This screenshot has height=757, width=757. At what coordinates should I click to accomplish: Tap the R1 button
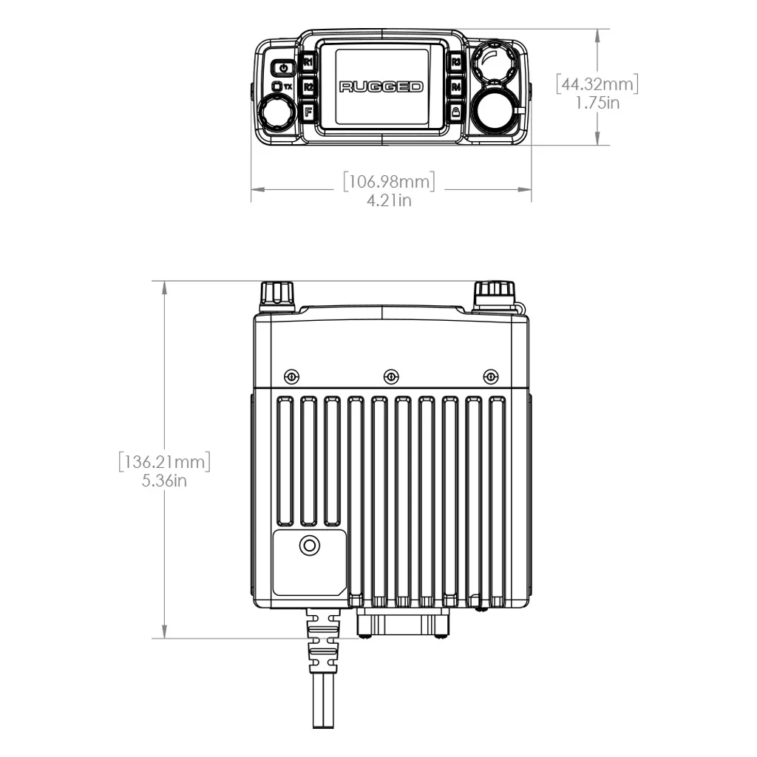[x=308, y=62]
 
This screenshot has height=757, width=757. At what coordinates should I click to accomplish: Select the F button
[x=308, y=112]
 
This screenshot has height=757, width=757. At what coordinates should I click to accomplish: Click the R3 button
[x=456, y=62]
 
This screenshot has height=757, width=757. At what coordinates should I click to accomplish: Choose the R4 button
[x=456, y=87]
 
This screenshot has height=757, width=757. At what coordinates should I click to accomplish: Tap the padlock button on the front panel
[x=456, y=112]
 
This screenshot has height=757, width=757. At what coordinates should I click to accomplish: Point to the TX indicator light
[x=277, y=86]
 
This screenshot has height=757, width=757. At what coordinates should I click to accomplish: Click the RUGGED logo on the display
[x=381, y=87]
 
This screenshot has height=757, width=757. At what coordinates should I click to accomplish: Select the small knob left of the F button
[x=275, y=115]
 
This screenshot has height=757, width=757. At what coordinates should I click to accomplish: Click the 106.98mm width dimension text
[x=389, y=181]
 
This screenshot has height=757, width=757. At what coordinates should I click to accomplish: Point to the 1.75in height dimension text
[x=597, y=103]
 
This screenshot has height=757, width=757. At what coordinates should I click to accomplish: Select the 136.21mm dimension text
[x=165, y=463]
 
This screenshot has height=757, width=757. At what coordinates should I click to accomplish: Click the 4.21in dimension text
[x=389, y=200]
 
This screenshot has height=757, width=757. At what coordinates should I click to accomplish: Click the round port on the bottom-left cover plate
[x=309, y=546]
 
